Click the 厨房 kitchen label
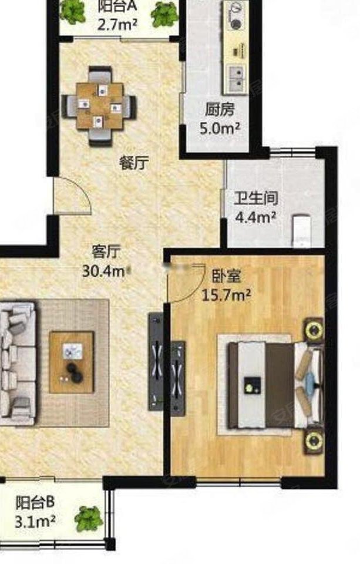(220, 109)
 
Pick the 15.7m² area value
(227, 294)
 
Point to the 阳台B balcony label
(35, 503)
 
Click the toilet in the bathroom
(301, 229)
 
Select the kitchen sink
(237, 77)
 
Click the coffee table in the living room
(72, 361)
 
